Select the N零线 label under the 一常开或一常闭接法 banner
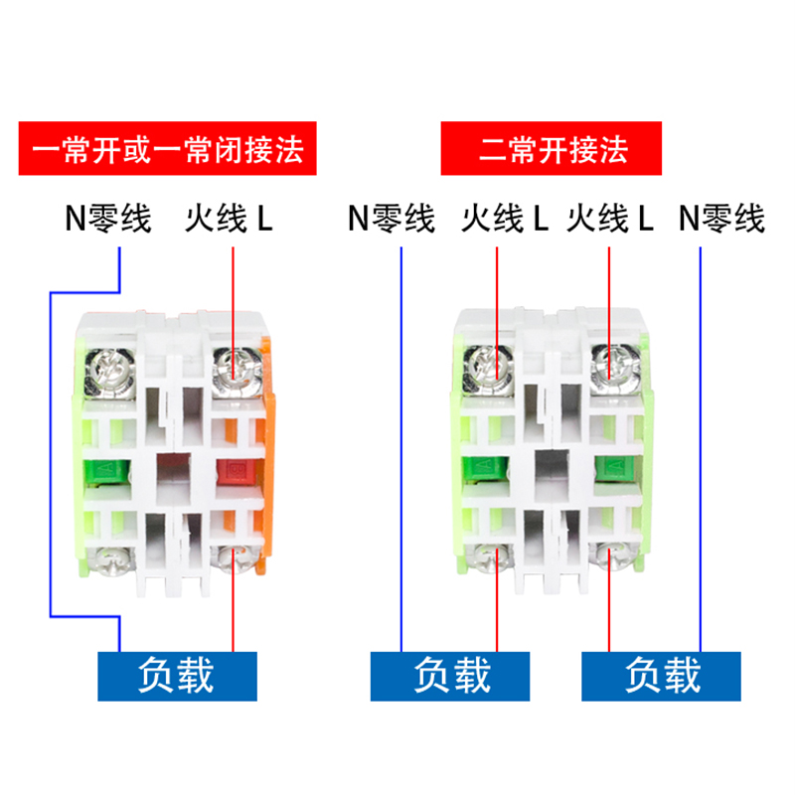(108, 219)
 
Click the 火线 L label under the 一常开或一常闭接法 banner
(230, 219)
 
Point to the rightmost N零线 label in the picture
(722, 219)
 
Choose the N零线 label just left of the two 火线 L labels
(392, 219)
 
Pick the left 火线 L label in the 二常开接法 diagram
(505, 219)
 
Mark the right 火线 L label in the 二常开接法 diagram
(610, 219)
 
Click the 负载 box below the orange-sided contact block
(178, 675)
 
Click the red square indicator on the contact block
(237, 473)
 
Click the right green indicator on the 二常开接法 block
(613, 467)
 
